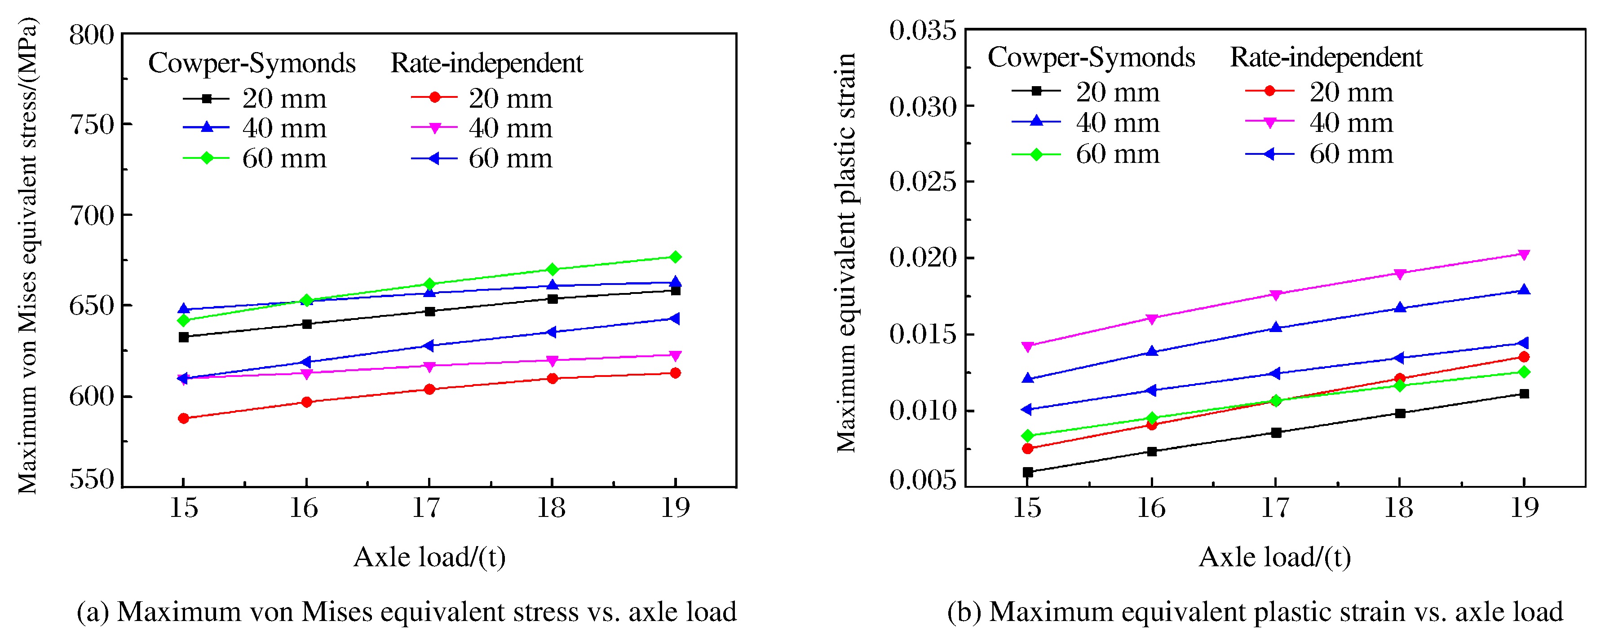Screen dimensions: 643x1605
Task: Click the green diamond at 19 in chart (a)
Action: pos(675,257)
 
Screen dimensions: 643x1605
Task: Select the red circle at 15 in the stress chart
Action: pos(183,418)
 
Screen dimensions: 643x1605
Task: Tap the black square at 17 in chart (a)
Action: pos(429,311)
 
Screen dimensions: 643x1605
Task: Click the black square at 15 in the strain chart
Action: pos(1028,472)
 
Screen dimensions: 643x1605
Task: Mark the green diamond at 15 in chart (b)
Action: pos(1028,436)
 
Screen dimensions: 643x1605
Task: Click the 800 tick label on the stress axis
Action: pos(92,35)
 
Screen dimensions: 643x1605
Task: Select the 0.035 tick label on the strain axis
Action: pos(922,30)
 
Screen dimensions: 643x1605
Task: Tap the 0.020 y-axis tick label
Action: pos(922,257)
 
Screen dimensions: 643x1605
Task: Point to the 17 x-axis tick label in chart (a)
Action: pos(428,508)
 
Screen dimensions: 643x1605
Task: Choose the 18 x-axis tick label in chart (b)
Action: pos(1399,508)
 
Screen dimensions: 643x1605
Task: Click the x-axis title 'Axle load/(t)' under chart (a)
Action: pos(429,557)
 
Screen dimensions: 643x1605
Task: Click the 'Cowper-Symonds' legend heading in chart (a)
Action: pos(252,63)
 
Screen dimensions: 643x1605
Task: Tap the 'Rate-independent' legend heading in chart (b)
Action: pos(1326,58)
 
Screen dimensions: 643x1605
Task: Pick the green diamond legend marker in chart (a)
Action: pos(206,158)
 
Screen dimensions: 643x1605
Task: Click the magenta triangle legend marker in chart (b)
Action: pos(1269,122)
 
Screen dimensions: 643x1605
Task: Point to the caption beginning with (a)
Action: pos(406,612)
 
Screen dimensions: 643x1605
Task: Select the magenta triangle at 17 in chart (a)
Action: pos(429,367)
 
